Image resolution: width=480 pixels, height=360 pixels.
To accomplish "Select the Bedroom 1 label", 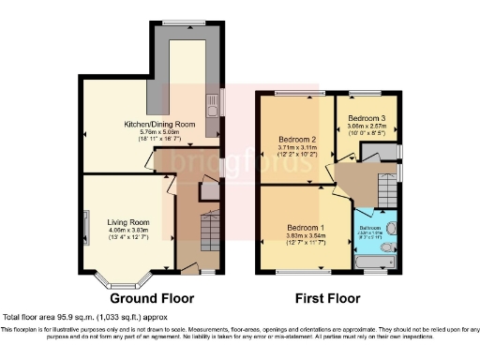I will tap(306, 228).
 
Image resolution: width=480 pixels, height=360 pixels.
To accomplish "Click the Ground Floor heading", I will tap(152, 299).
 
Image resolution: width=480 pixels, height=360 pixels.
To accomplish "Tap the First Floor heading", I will tap(332, 299).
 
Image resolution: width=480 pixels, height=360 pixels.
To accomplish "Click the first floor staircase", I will tap(383, 191).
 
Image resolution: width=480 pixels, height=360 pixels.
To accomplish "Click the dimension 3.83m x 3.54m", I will tap(306, 236).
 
